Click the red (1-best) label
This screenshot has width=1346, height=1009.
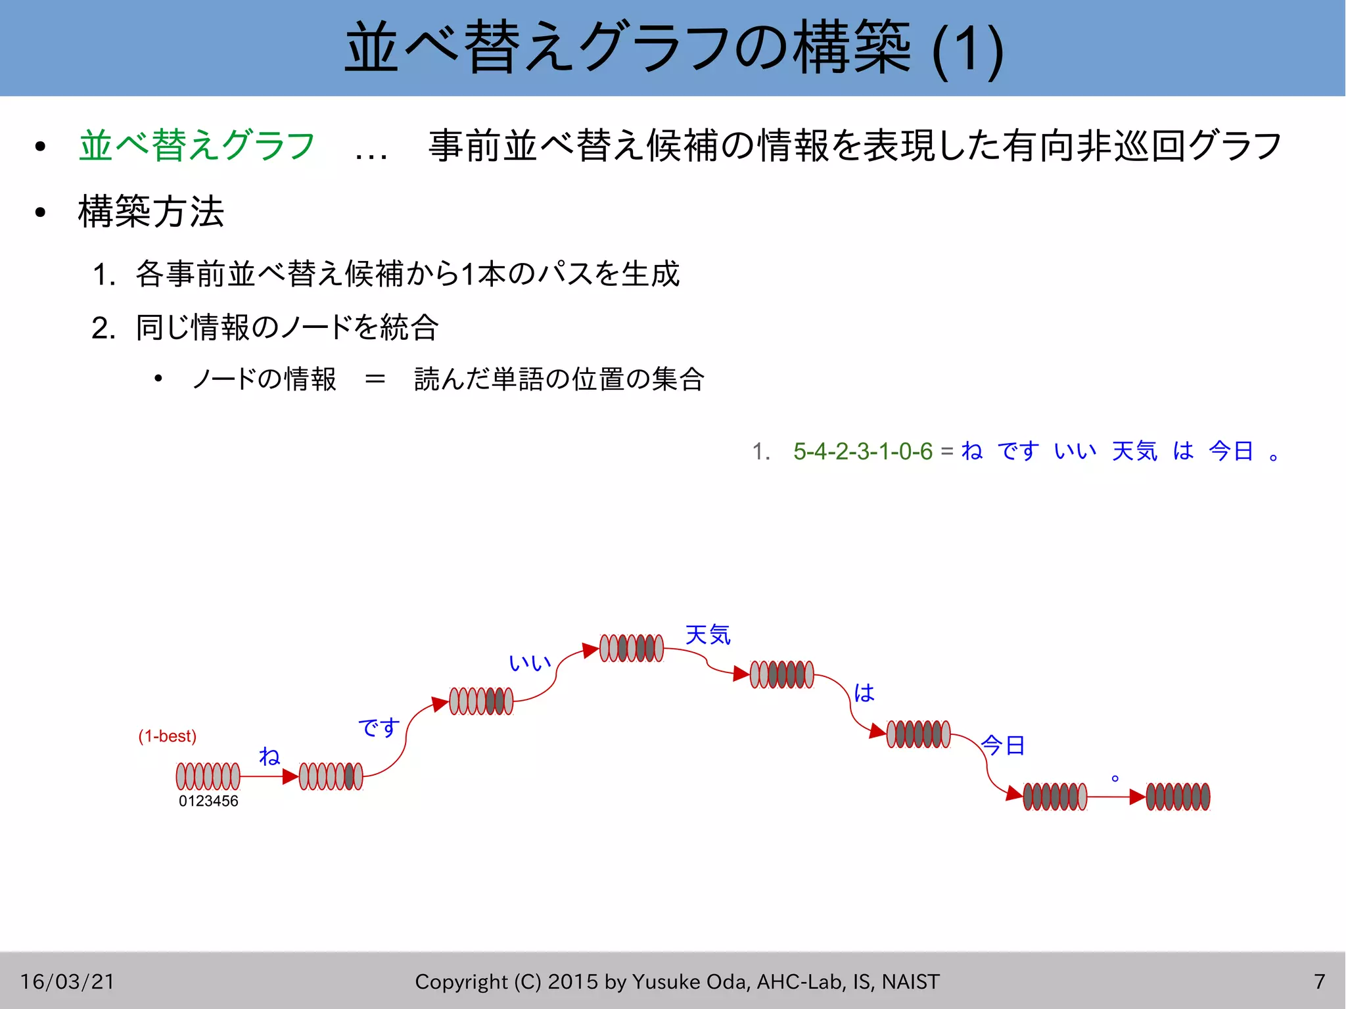tap(167, 736)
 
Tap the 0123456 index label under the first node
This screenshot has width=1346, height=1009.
tap(208, 801)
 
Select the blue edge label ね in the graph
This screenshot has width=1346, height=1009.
tap(269, 756)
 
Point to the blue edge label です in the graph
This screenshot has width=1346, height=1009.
tap(379, 727)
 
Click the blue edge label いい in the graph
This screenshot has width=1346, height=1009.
tap(530, 663)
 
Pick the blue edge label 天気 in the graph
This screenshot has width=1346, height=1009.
tap(708, 635)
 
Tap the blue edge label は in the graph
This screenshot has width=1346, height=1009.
tap(864, 692)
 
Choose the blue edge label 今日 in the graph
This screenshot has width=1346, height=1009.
tap(1003, 745)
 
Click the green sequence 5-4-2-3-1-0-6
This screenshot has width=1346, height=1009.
tap(863, 452)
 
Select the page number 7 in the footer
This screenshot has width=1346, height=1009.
tap(1320, 981)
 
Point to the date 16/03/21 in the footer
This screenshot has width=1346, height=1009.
tap(67, 981)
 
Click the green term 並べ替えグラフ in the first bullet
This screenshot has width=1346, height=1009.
tap(197, 145)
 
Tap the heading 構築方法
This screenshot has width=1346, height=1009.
tap(151, 212)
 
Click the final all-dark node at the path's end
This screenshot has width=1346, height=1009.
tap(1178, 797)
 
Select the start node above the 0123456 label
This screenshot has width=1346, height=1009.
tap(208, 776)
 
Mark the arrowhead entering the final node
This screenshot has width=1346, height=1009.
tap(1138, 797)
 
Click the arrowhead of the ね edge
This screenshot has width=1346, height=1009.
tap(290, 776)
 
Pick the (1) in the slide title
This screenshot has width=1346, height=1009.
tap(967, 49)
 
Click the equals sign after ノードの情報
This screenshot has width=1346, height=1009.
tap(375, 379)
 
